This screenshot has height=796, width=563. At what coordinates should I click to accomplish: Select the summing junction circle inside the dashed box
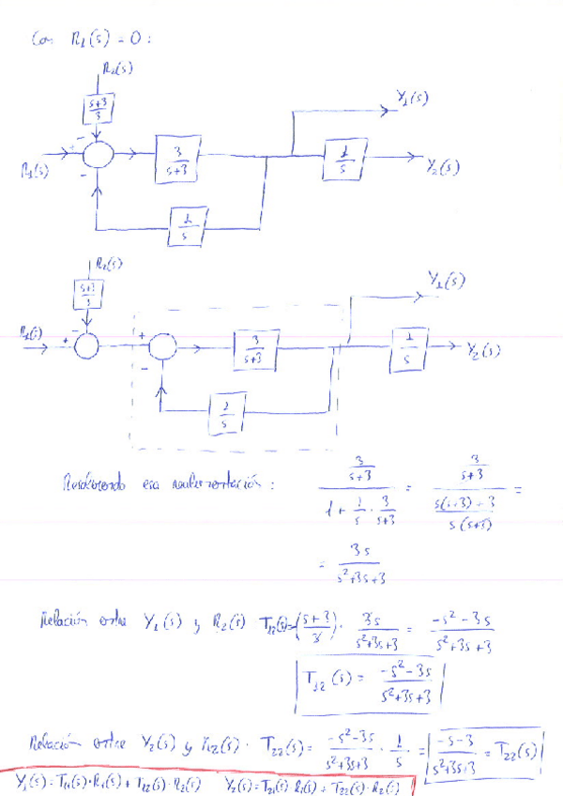[162, 346]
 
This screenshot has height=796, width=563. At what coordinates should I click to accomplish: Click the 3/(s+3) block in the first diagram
[178, 161]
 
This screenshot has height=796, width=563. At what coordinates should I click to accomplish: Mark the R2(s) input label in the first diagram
[117, 68]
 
